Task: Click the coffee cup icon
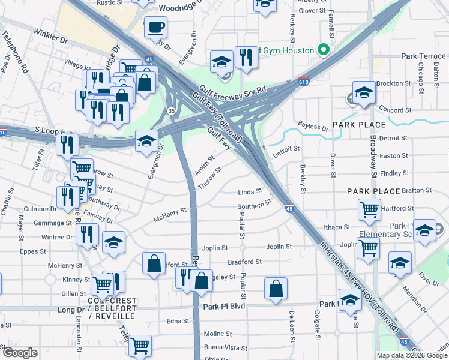pos(155,27)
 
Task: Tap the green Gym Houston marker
pos(325,49)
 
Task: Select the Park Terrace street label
pos(424,56)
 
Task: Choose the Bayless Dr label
pos(313,128)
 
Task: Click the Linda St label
pos(250,192)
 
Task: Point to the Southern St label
pos(255,206)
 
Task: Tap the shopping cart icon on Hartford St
pos(369,210)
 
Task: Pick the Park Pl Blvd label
pos(224,306)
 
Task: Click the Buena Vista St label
pos(226,347)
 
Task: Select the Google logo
pos(20,353)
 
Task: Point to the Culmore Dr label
pos(40,209)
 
